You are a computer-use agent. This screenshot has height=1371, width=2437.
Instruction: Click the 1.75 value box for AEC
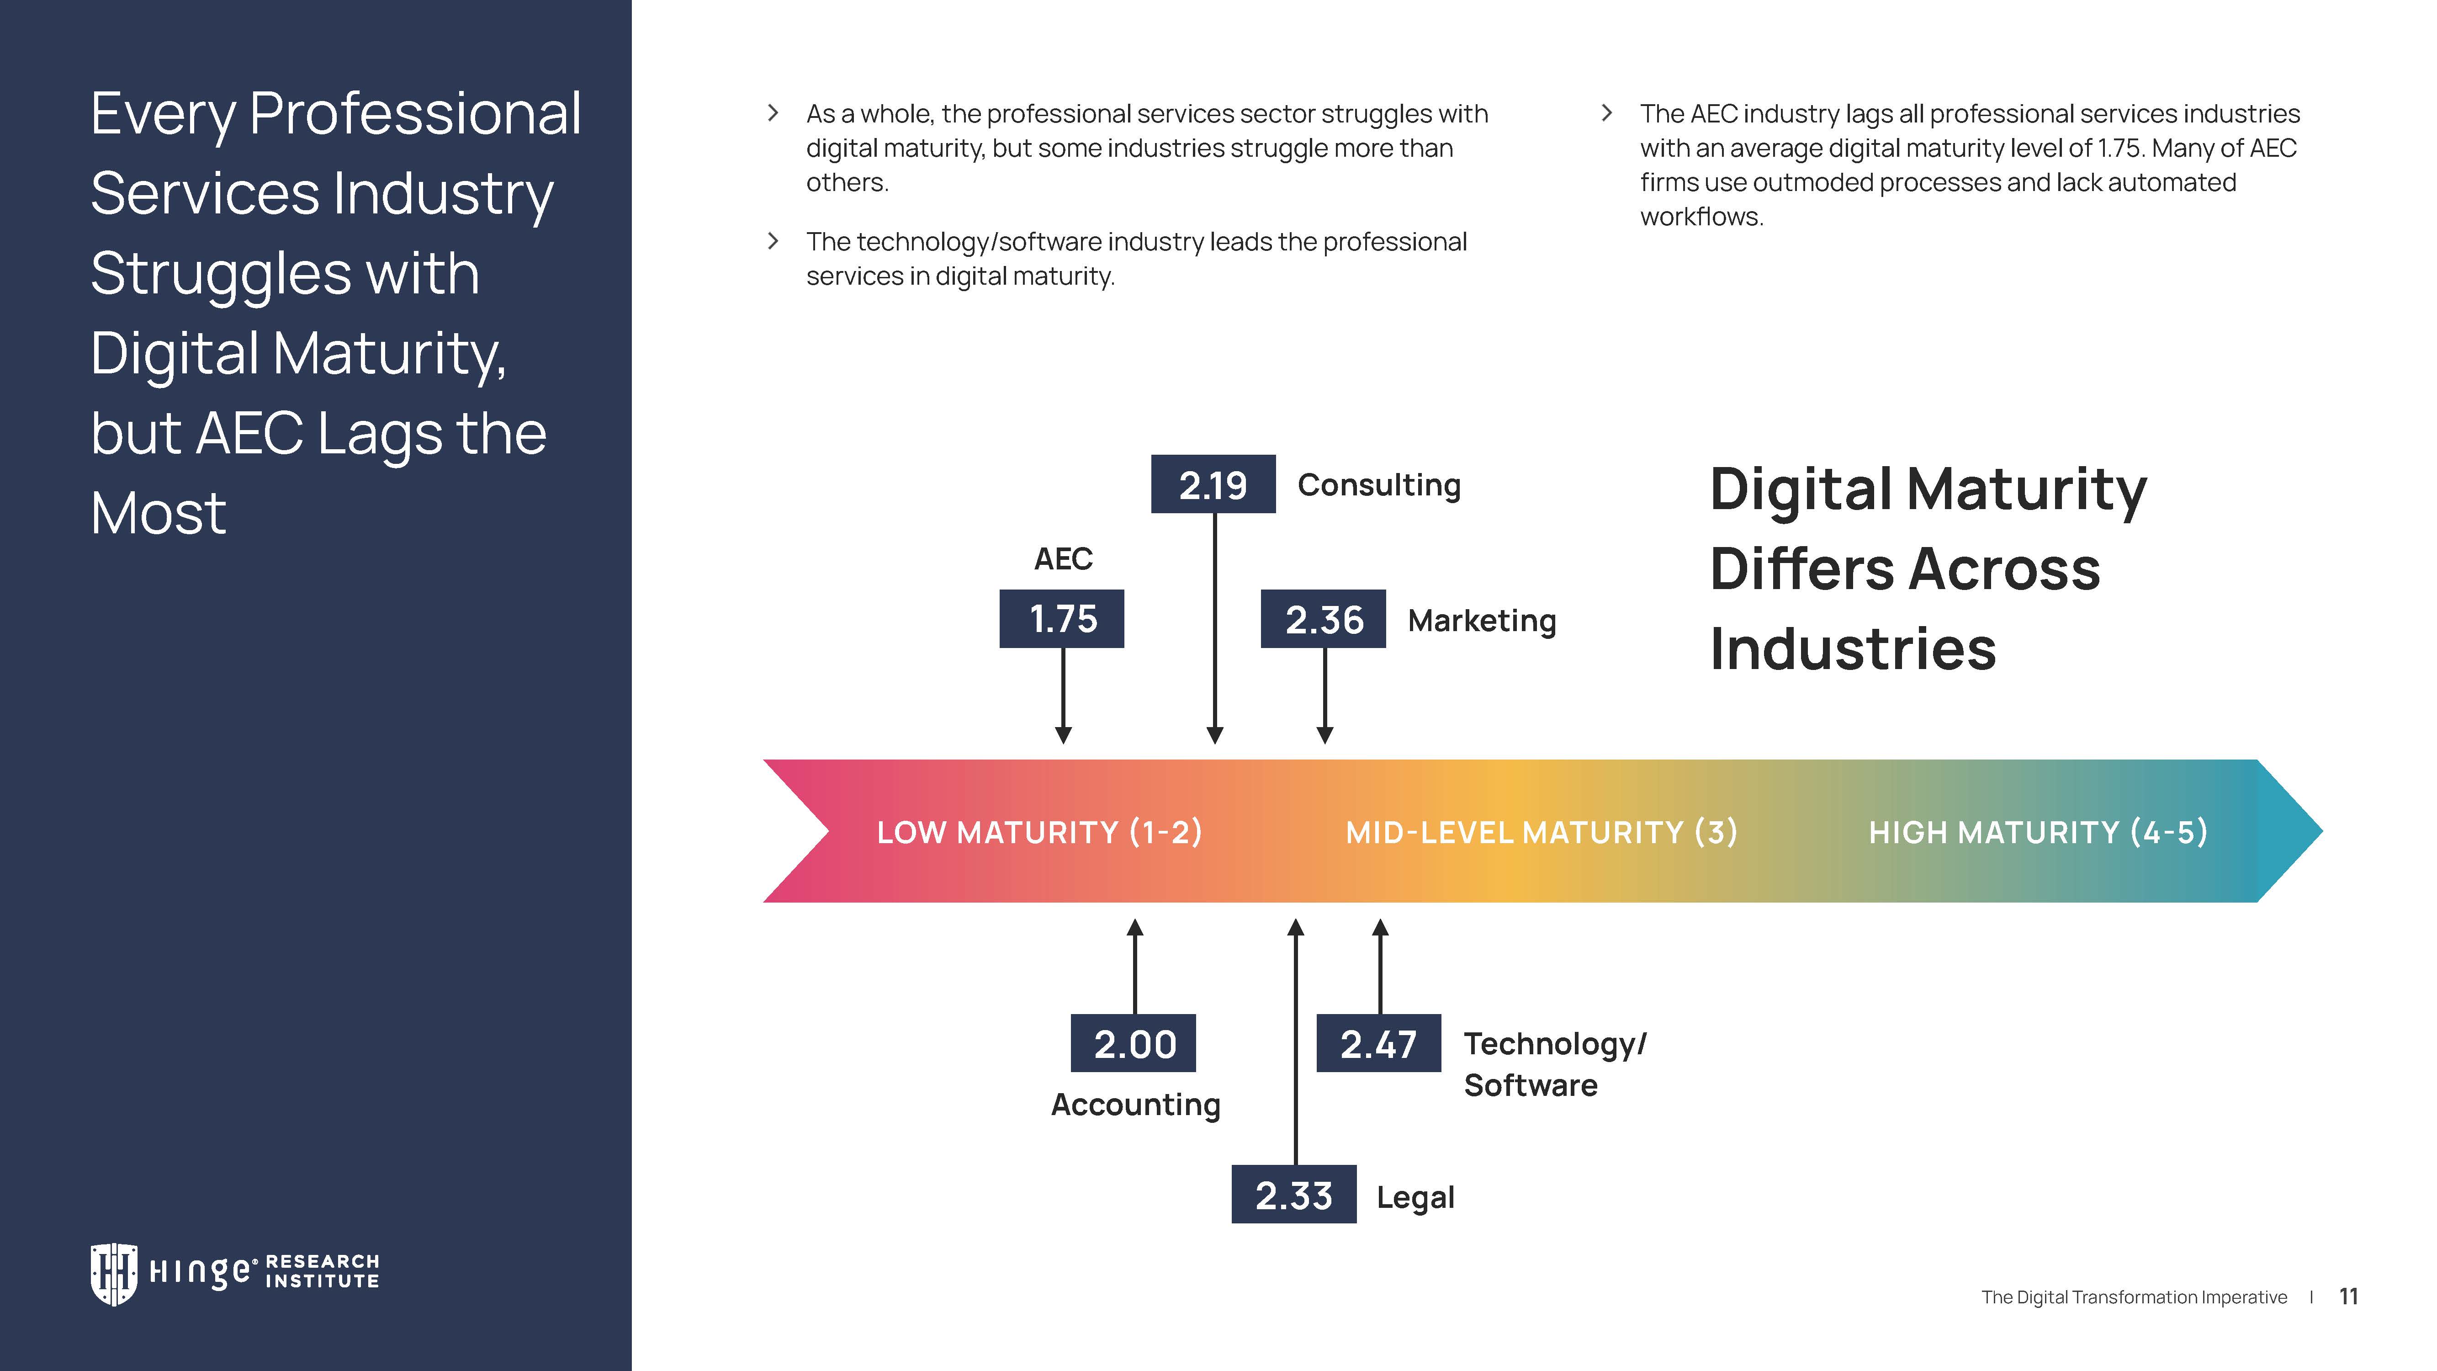click(x=1061, y=619)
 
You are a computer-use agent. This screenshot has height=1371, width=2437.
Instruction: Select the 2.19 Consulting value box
click(x=1213, y=484)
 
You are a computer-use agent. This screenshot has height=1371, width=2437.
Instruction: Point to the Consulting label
click(x=1378, y=484)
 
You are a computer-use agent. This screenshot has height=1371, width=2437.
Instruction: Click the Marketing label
click(x=1482, y=621)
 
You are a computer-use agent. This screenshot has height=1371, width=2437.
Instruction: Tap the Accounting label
click(x=1135, y=1104)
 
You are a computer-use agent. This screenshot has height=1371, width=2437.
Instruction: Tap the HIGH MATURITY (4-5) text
click(x=2038, y=832)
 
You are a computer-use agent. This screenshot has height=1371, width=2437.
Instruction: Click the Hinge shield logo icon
click(x=113, y=1274)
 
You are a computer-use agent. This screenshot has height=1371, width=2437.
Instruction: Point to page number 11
click(x=2348, y=1296)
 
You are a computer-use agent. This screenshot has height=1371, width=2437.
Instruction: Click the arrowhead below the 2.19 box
click(x=1215, y=735)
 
